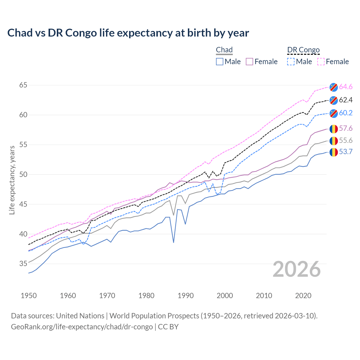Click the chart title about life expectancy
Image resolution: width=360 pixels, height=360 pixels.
tap(128, 33)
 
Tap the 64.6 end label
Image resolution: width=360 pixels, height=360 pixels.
tap(346, 87)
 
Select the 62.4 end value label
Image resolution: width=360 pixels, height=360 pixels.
tap(346, 100)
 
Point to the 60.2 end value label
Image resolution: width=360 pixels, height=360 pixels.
tap(346, 113)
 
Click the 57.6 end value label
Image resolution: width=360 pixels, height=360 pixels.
tap(346, 129)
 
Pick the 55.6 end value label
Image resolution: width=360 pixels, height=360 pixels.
tap(346, 140)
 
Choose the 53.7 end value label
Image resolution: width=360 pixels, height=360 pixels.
tap(346, 152)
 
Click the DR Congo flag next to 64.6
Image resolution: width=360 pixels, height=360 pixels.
tap(334, 87)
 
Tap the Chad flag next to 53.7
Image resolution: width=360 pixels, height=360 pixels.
tap(334, 152)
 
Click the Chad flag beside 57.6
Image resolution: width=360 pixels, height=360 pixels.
tap(334, 129)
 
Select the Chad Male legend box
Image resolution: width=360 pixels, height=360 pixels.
tap(220, 62)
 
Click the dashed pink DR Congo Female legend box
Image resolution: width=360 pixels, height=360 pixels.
tap(321, 62)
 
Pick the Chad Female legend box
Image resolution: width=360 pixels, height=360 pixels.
tap(249, 62)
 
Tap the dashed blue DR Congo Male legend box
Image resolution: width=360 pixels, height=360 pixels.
tap(291, 62)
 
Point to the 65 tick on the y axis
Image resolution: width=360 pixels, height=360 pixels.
tap(23, 85)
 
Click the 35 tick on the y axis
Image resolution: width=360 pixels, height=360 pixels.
tap(23, 264)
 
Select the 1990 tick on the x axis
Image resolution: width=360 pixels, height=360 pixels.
tap(186, 296)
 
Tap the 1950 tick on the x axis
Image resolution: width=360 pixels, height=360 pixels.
tap(29, 296)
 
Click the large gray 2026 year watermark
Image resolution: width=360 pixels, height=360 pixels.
tap(297, 269)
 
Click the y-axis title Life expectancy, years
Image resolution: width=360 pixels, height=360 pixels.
tap(12, 180)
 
